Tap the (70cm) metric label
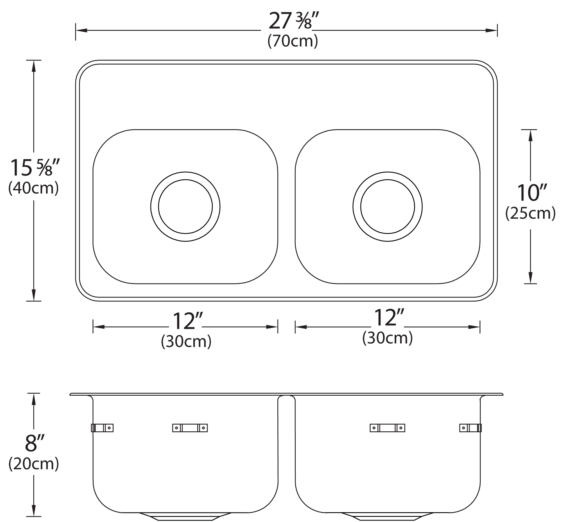coord(293,41)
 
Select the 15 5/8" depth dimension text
coord(35,167)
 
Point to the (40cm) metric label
coord(34,188)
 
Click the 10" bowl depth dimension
coord(530,193)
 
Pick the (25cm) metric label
coord(530,213)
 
